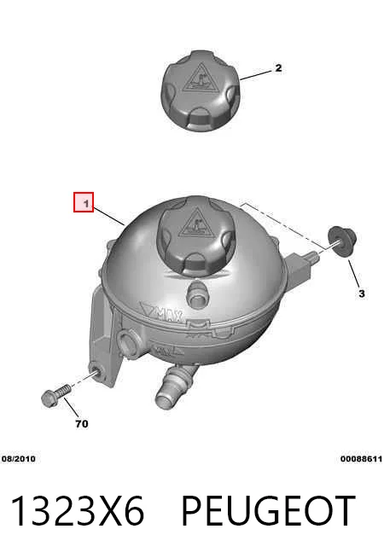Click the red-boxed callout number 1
(x=86, y=204)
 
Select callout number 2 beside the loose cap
(x=278, y=67)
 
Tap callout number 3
(x=362, y=294)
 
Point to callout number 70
(x=82, y=424)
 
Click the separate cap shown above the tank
(x=201, y=90)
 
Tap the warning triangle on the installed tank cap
(x=195, y=224)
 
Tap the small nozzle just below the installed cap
(x=196, y=292)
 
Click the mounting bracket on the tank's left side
(x=105, y=337)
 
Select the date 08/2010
(x=19, y=459)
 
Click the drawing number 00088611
(x=361, y=459)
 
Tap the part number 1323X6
(x=78, y=510)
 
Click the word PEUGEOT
(x=269, y=510)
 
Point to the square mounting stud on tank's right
(x=300, y=266)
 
